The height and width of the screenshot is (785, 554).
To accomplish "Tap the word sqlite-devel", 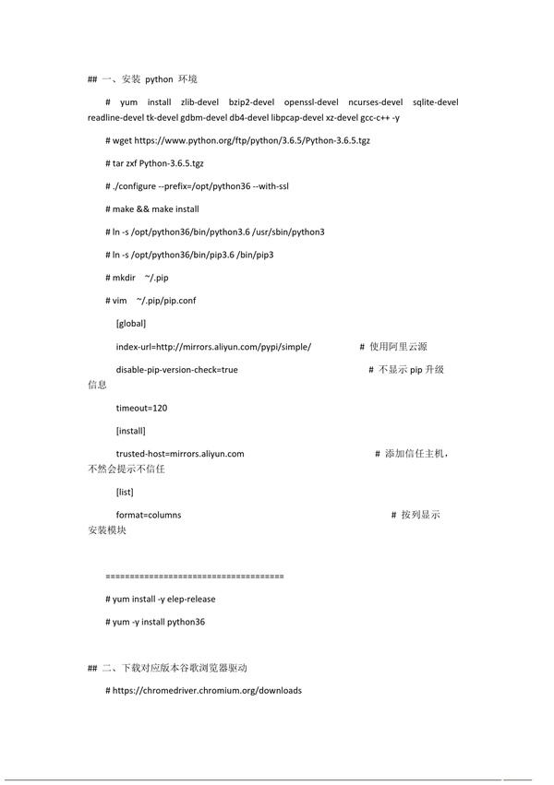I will pyautogui.click(x=435, y=102).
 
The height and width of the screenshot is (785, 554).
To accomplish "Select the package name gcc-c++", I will pyautogui.click(x=373, y=118).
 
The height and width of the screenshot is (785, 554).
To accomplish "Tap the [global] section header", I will pyautogui.click(x=130, y=324).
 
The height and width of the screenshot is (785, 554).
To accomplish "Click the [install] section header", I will pyautogui.click(x=130, y=431).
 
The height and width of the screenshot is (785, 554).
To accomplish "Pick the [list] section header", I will pyautogui.click(x=125, y=492).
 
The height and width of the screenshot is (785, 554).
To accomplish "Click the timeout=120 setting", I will pyautogui.click(x=141, y=408).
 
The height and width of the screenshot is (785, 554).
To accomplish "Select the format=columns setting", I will pyautogui.click(x=148, y=515).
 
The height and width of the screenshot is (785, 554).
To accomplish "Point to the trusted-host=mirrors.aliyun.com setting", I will pyautogui.click(x=179, y=454).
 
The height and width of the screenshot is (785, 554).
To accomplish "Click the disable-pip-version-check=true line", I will pyautogui.click(x=176, y=370).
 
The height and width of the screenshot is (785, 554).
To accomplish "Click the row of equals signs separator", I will pyautogui.click(x=195, y=576).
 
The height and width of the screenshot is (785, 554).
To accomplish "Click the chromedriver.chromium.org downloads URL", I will pyautogui.click(x=207, y=690).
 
